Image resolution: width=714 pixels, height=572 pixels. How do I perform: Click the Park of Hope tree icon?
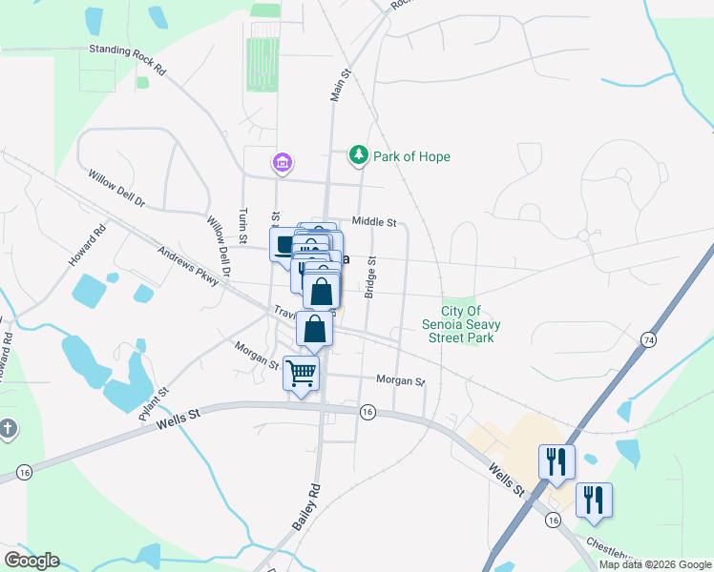(x=358, y=155)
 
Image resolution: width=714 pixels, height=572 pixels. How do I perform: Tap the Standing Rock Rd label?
(x=127, y=60)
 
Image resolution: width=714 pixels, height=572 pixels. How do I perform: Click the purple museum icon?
(x=282, y=164)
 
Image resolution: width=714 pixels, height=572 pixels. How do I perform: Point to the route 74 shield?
(x=649, y=339)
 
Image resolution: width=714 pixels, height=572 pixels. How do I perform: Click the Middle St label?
(x=374, y=222)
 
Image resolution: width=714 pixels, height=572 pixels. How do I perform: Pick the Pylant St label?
(x=153, y=398)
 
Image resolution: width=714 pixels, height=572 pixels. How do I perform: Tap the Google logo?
(x=31, y=561)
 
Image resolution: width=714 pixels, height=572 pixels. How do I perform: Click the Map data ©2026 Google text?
(x=655, y=564)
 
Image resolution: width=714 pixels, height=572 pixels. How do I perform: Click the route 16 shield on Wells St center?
(x=367, y=412)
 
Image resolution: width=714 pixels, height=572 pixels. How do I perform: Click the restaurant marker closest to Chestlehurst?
(x=594, y=500)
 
